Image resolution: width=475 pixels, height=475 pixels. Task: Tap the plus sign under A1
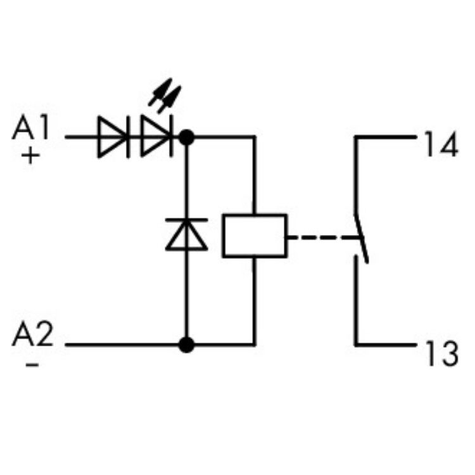(30, 156)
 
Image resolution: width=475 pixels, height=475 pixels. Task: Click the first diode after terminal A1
(113, 136)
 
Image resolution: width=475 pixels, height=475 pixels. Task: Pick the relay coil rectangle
(254, 236)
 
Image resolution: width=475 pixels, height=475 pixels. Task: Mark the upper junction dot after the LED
(186, 136)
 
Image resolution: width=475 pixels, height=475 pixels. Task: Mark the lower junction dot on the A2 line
(186, 345)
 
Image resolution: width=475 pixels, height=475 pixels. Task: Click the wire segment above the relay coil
(254, 177)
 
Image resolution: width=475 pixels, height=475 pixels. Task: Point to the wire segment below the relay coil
(254, 298)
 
